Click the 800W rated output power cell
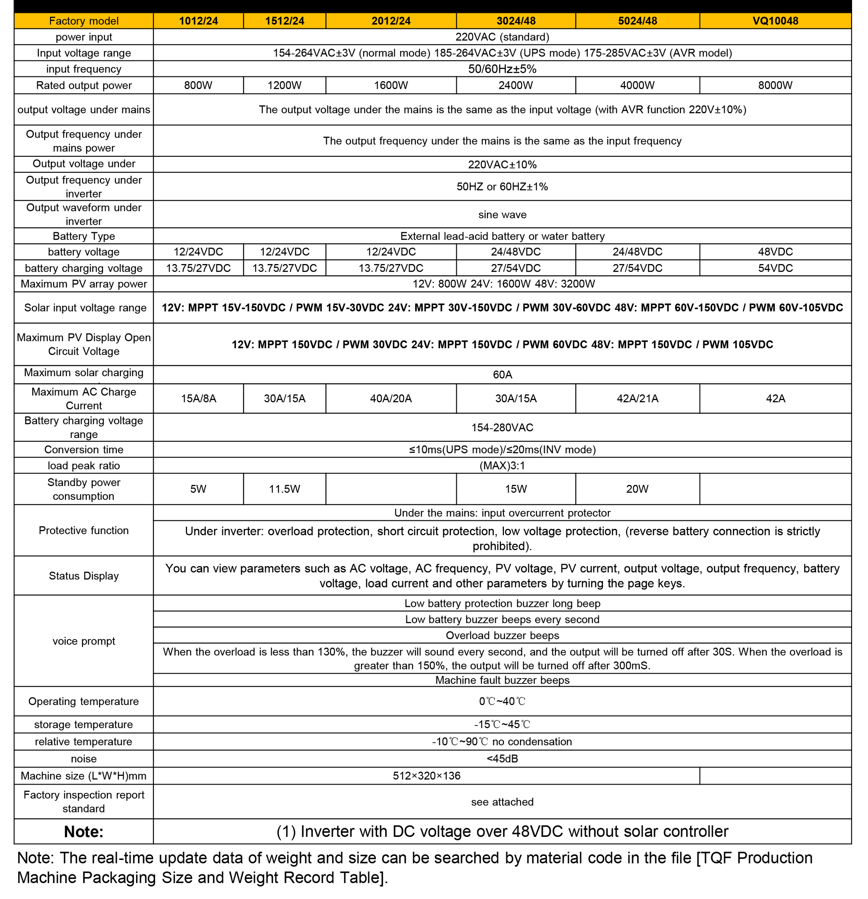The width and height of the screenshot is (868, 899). click(x=198, y=85)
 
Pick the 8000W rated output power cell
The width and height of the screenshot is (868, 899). click(x=775, y=85)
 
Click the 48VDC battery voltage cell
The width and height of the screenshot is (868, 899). click(x=775, y=252)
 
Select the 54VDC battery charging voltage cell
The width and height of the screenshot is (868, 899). click(x=775, y=268)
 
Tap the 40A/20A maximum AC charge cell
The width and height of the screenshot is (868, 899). click(x=391, y=399)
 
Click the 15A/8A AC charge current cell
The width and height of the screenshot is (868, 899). click(x=198, y=399)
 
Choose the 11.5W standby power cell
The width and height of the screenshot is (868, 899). click(x=284, y=489)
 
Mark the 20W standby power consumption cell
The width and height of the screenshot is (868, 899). click(x=637, y=489)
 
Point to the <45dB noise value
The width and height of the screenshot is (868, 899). click(x=502, y=759)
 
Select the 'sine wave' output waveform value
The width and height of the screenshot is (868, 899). click(x=502, y=215)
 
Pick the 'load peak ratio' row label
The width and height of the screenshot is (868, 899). click(x=83, y=466)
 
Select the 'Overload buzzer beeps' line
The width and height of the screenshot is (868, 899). click(x=502, y=636)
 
